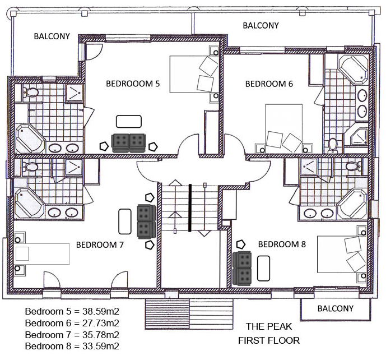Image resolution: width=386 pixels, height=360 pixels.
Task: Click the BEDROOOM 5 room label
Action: (133, 84)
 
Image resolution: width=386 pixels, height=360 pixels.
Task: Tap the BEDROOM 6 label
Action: (269, 84)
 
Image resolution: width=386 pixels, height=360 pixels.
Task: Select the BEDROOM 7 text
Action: (100, 244)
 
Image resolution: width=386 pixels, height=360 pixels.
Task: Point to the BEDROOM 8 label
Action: (281, 244)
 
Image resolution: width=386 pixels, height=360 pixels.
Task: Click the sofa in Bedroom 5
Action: (129, 143)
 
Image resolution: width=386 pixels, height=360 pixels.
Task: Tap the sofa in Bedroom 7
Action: (146, 221)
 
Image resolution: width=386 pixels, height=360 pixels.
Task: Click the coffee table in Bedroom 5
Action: (129, 121)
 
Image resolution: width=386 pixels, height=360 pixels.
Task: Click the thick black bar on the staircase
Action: (190, 207)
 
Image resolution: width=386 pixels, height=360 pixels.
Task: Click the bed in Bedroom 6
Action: (283, 128)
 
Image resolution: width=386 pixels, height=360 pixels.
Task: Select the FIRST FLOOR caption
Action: (268, 340)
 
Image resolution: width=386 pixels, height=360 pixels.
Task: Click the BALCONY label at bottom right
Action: (336, 308)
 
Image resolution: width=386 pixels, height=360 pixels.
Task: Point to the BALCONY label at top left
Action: (52, 36)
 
